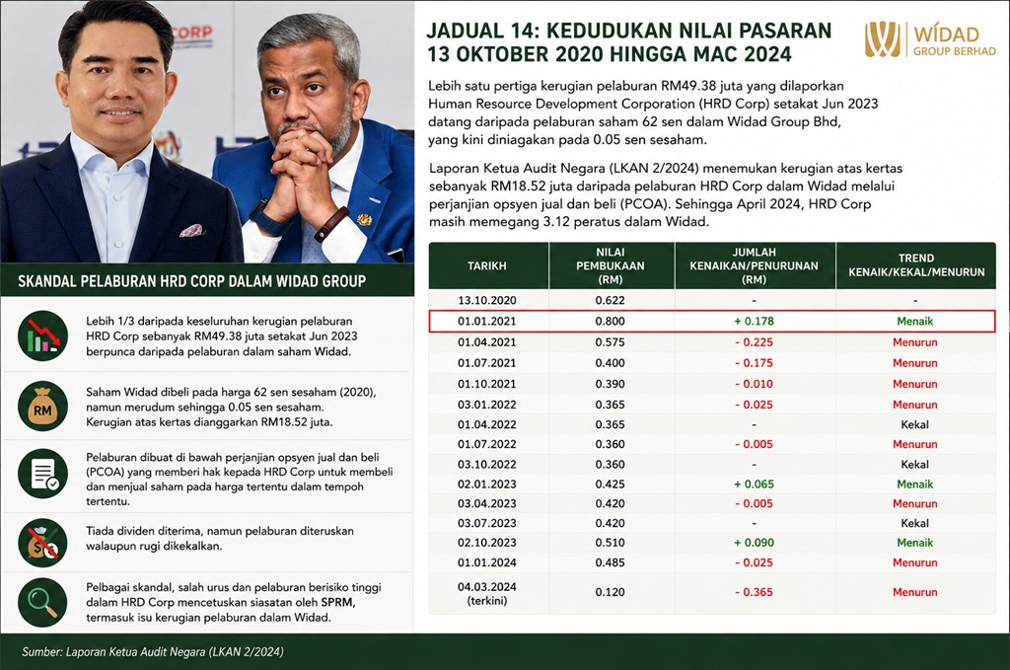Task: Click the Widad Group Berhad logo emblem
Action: [883, 39]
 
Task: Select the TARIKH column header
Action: [487, 266]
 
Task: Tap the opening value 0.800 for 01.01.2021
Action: [610, 322]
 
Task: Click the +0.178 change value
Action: [754, 322]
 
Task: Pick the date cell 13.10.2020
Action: [487, 300]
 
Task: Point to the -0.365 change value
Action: [754, 592]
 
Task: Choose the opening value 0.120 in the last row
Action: [610, 592]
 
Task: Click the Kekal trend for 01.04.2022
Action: [914, 424]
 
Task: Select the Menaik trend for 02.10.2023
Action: [914, 543]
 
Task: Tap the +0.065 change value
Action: [754, 484]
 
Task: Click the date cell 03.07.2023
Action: [487, 523]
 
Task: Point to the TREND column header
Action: [916, 265]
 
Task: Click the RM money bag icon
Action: [42, 407]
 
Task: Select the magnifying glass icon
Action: [42, 602]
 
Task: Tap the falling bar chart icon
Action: [42, 335]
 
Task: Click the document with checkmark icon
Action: [42, 475]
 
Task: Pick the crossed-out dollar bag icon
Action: [42, 543]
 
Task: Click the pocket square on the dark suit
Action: [191, 230]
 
